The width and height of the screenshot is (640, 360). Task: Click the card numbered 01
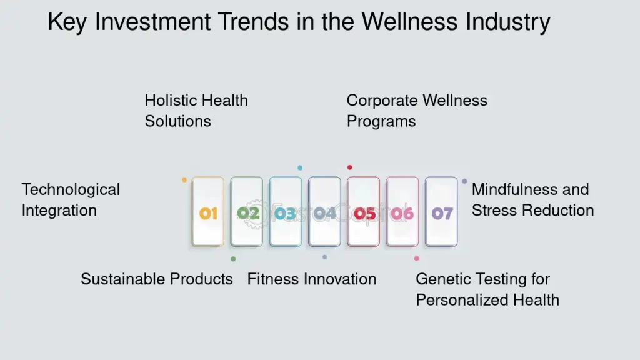click(208, 212)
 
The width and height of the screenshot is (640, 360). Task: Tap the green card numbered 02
click(247, 212)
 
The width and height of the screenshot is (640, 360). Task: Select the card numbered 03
click(286, 212)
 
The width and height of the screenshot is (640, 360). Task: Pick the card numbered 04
click(324, 212)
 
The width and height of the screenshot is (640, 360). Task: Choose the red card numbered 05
click(364, 212)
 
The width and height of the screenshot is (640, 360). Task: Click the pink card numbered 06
click(402, 212)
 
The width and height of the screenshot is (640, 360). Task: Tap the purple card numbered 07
click(441, 212)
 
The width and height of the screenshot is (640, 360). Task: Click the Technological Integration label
click(71, 200)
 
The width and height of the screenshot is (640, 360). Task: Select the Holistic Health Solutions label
click(196, 111)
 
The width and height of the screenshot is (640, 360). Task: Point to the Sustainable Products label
click(156, 279)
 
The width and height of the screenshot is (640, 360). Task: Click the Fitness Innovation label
click(312, 279)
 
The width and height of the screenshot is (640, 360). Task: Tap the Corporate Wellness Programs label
click(417, 111)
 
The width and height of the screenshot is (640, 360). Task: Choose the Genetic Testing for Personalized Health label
click(487, 289)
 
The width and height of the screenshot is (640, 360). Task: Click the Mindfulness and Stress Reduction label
click(532, 200)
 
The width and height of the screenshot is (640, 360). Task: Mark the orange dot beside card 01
click(184, 180)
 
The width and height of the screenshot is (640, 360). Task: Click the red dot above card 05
click(350, 167)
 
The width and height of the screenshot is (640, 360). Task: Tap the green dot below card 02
click(233, 259)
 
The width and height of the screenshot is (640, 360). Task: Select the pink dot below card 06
click(417, 258)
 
